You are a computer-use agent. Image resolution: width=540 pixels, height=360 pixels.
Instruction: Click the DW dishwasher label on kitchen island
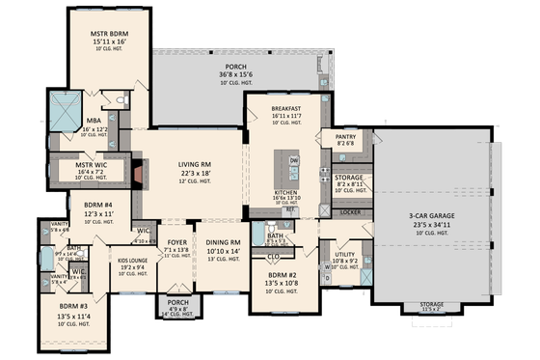(x=294, y=159)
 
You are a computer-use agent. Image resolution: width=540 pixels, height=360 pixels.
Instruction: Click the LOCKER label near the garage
(x=351, y=211)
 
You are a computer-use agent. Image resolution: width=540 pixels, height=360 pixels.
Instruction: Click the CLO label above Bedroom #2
(x=274, y=258)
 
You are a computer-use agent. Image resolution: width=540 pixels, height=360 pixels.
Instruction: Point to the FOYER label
(x=176, y=242)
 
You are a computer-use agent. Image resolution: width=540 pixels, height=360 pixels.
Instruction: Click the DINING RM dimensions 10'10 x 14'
(x=222, y=251)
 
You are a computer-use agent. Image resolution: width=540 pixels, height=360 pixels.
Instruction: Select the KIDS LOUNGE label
(x=133, y=261)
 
